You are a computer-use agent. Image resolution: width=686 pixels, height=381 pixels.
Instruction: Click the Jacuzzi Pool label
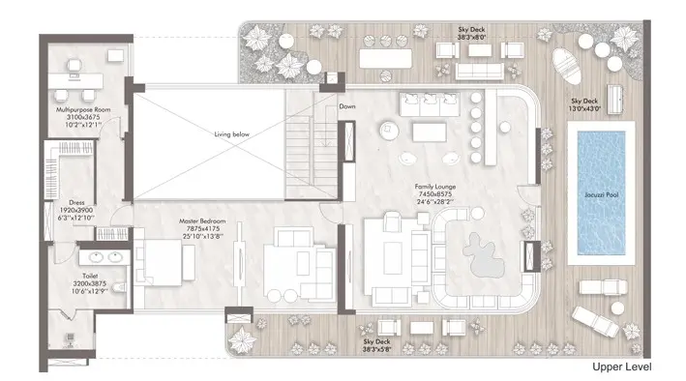click(604, 195)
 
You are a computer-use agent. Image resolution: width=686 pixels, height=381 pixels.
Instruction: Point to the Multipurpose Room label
click(83, 110)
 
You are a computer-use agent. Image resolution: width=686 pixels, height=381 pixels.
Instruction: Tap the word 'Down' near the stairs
click(347, 106)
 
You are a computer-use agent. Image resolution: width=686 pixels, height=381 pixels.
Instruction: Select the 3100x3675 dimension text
click(83, 118)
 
